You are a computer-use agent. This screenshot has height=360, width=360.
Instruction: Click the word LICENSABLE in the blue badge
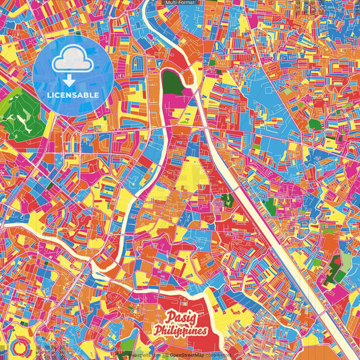point(74,95)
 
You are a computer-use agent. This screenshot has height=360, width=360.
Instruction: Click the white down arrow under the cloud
point(74,78)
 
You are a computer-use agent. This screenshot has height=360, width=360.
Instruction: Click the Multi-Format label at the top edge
point(180,3)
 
